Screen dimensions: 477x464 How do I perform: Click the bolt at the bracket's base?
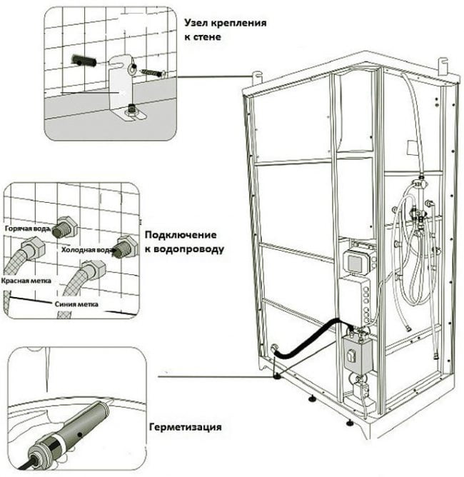132,109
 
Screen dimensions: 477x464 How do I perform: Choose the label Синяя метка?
77,303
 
